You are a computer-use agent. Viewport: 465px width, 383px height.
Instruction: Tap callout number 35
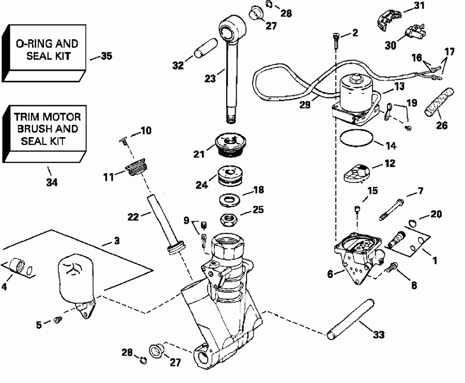[x=106, y=56]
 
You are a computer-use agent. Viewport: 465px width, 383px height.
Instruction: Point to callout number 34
[x=50, y=182]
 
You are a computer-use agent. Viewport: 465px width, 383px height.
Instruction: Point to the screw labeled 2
[x=335, y=37]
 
